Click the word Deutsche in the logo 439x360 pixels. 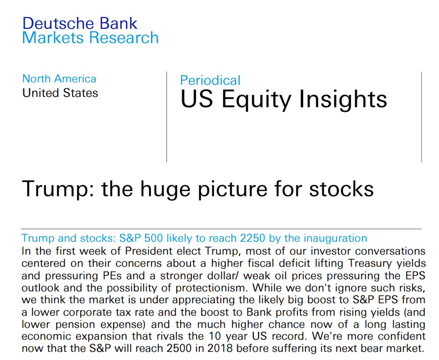click(58, 23)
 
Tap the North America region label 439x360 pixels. click(59, 79)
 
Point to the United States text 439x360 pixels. click(60, 93)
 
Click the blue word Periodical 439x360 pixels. click(210, 80)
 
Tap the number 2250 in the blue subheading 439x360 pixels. click(252, 238)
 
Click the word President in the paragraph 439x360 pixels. click(149, 251)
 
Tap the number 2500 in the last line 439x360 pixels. click(179, 349)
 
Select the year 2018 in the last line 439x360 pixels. click(220, 349)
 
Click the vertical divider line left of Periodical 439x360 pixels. click(166, 117)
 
